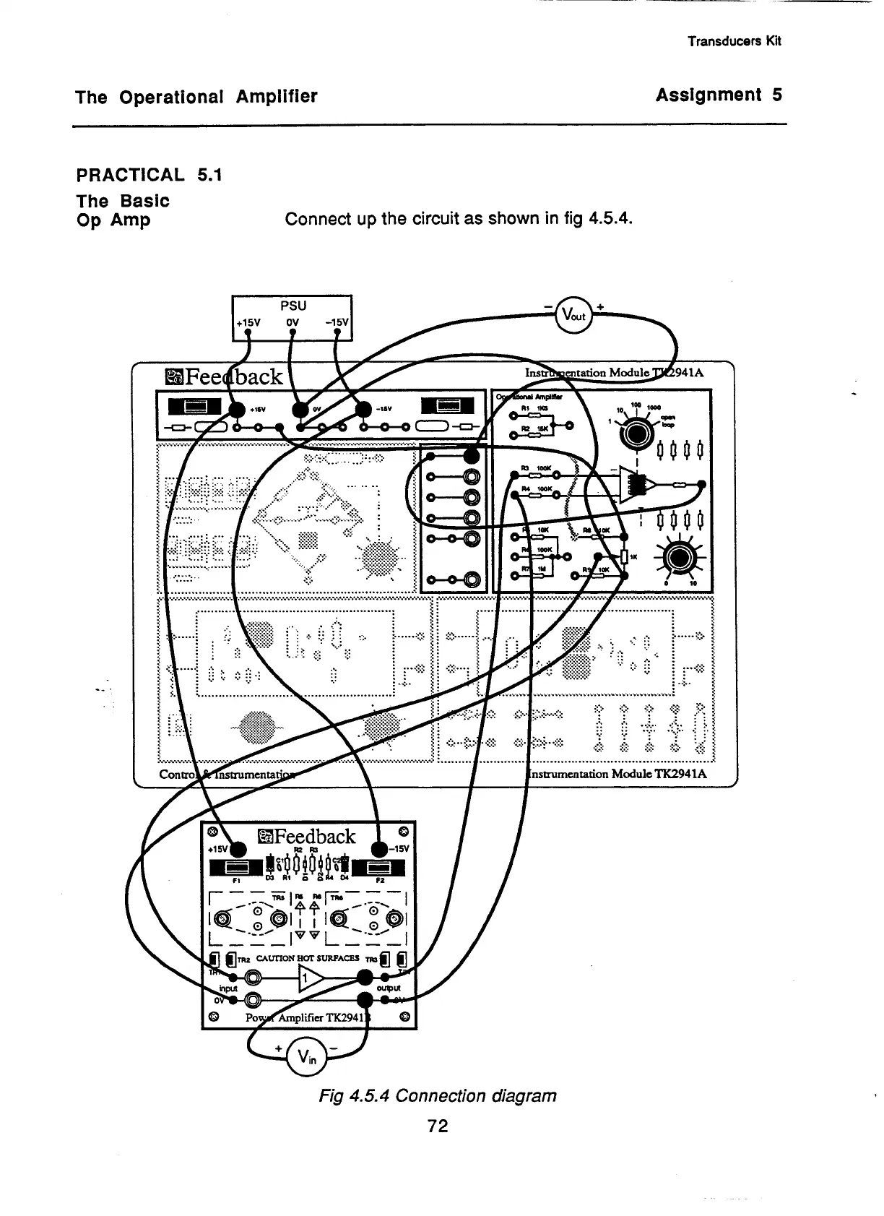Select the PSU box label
pyautogui.click(x=291, y=306)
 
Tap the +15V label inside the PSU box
pyautogui.click(x=247, y=322)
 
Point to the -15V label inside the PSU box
pyautogui.click(x=337, y=322)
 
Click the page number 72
pyautogui.click(x=438, y=1126)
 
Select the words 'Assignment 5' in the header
pyautogui.click(x=719, y=95)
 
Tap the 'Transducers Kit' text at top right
pyautogui.click(x=734, y=41)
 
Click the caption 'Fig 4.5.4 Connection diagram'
pyautogui.click(x=438, y=1096)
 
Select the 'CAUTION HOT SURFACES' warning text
pyautogui.click(x=308, y=958)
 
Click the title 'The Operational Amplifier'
pyautogui.click(x=196, y=97)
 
